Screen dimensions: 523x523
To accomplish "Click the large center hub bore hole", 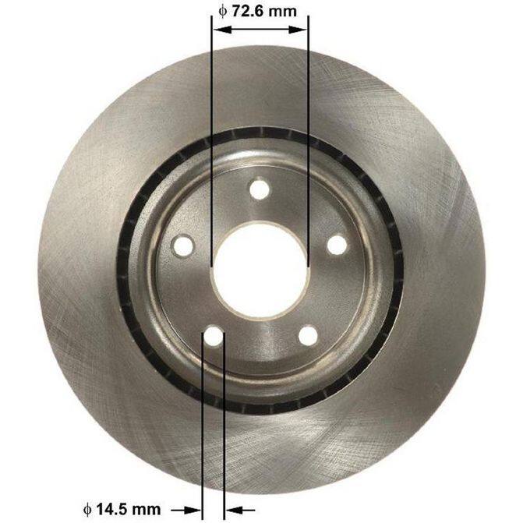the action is [x=260, y=270].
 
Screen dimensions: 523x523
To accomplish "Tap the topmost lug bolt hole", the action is [x=260, y=189].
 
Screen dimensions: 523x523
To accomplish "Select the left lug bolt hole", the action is [x=183, y=246].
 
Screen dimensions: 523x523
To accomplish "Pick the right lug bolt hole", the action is [x=337, y=246].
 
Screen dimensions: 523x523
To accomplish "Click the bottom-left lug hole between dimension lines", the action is [x=214, y=336].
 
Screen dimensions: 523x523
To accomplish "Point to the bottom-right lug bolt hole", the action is [x=308, y=336].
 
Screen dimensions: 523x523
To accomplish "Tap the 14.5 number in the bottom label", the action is [x=112, y=509].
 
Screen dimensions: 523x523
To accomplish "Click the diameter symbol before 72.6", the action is [x=222, y=12].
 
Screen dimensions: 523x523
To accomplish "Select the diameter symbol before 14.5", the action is [x=87, y=509].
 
